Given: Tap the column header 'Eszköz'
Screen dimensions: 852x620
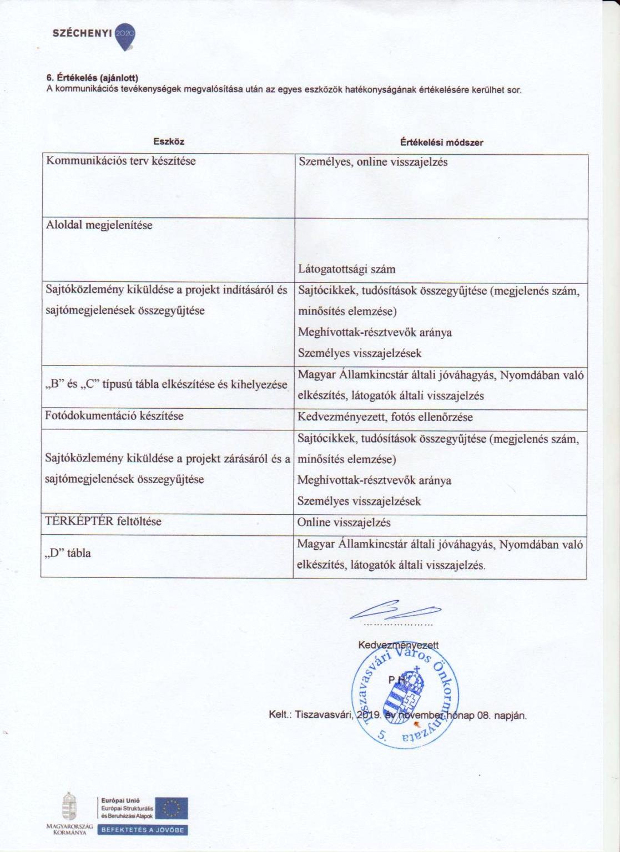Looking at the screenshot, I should pos(169,142).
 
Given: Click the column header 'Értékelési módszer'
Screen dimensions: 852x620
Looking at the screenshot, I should pos(441,143).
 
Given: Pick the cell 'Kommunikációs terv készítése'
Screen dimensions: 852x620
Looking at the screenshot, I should pos(121,161).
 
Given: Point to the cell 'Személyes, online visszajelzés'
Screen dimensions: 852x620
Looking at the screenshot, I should pos(373,162).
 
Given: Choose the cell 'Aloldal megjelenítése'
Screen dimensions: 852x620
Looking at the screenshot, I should pos(99,225).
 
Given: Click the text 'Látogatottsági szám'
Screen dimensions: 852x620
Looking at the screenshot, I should pos(347,270).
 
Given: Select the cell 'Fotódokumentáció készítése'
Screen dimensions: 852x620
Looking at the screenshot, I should pos(115,416).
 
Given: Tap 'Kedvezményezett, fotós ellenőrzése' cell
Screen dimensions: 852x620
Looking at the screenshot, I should pos(385,417).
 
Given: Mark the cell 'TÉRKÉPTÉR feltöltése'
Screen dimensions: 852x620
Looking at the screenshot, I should pos(104,521).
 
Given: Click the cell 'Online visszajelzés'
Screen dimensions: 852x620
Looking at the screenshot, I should pos(344,523).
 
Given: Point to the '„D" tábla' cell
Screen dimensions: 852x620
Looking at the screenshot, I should pos(68,553).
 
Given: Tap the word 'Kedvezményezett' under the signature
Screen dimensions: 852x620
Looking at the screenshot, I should pos(399,645).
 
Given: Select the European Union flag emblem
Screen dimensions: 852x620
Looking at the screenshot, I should pos(172,809).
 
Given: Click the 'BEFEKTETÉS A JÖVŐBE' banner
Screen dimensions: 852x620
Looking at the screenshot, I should pos(143,830).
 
